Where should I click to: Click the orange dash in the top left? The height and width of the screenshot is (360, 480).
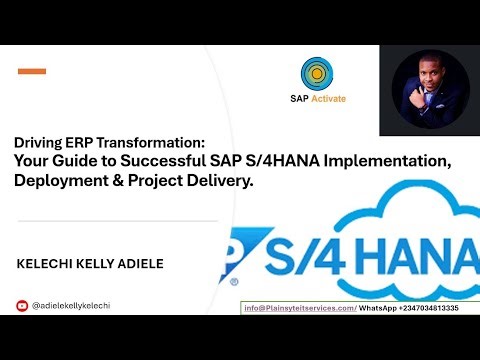click(x=32, y=71)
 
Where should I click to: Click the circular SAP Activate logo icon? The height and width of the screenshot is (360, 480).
click(x=316, y=74)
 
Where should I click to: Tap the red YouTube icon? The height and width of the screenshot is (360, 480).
click(x=22, y=306)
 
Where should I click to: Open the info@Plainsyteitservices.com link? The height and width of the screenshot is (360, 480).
click(x=299, y=308)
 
